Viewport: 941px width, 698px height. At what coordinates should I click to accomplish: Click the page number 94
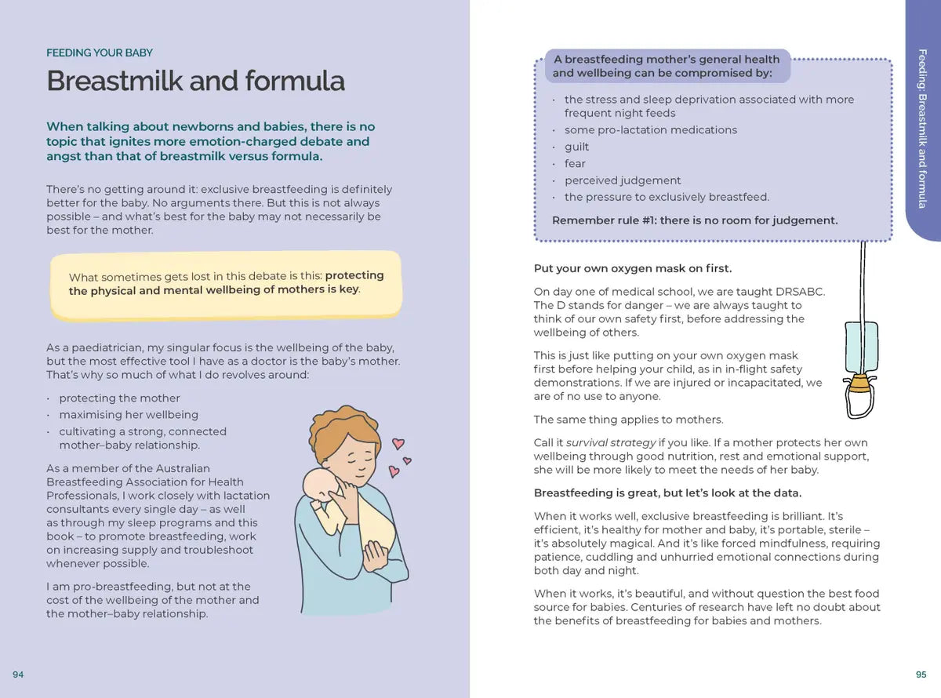(18, 674)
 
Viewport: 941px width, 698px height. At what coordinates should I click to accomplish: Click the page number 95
(921, 674)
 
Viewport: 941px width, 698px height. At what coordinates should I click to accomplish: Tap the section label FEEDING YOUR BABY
(100, 53)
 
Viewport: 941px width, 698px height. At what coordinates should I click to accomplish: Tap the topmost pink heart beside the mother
(398, 443)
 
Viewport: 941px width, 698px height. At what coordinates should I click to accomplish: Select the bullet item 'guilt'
(576, 147)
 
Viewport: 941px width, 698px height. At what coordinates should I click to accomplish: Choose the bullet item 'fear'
(575, 164)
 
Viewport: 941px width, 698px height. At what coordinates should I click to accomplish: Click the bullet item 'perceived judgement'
(623, 180)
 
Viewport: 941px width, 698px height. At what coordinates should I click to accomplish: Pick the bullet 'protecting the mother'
(119, 398)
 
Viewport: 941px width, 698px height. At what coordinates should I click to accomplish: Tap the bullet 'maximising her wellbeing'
(129, 415)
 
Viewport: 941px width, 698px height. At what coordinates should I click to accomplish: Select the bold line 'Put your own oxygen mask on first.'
(632, 268)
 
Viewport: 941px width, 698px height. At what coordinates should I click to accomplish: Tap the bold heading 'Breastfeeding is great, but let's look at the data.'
(667, 493)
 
